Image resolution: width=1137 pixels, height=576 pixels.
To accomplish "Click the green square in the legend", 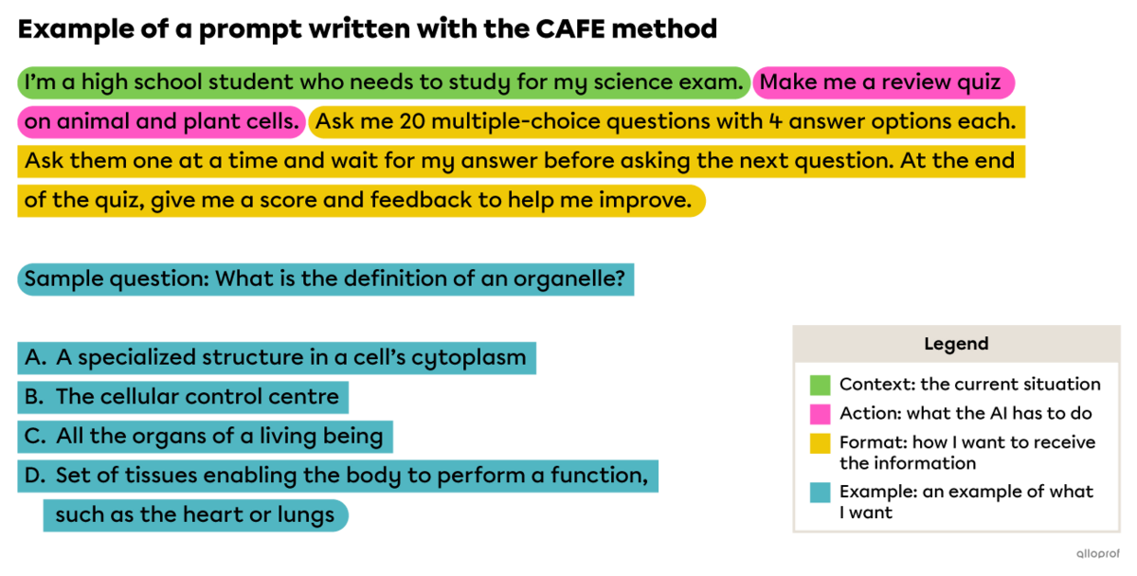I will click(x=821, y=385).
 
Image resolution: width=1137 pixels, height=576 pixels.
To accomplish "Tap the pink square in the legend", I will click(x=821, y=414).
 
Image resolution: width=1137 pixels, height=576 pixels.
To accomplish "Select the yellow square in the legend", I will click(x=821, y=443).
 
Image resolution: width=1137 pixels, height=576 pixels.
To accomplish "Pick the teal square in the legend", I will click(x=821, y=493).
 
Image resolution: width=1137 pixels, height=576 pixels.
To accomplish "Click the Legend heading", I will click(x=956, y=344).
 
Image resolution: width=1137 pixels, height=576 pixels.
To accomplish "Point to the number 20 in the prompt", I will click(x=412, y=122).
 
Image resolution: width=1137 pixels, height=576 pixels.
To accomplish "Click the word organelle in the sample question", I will click(x=568, y=279).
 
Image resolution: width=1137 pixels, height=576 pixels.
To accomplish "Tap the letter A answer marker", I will click(x=35, y=358).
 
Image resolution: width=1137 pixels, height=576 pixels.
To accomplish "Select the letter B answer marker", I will click(x=35, y=397).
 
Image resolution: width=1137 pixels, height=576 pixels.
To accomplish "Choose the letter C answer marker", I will click(x=35, y=437).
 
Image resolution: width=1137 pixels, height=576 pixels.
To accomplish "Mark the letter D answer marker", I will click(x=35, y=476).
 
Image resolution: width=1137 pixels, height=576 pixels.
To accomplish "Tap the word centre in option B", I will click(x=305, y=397).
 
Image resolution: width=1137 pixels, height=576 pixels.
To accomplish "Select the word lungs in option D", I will click(x=305, y=515).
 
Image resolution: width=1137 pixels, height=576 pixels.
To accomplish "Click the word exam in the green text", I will click(x=713, y=83).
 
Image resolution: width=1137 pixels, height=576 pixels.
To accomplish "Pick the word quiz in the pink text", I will click(x=979, y=83).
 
